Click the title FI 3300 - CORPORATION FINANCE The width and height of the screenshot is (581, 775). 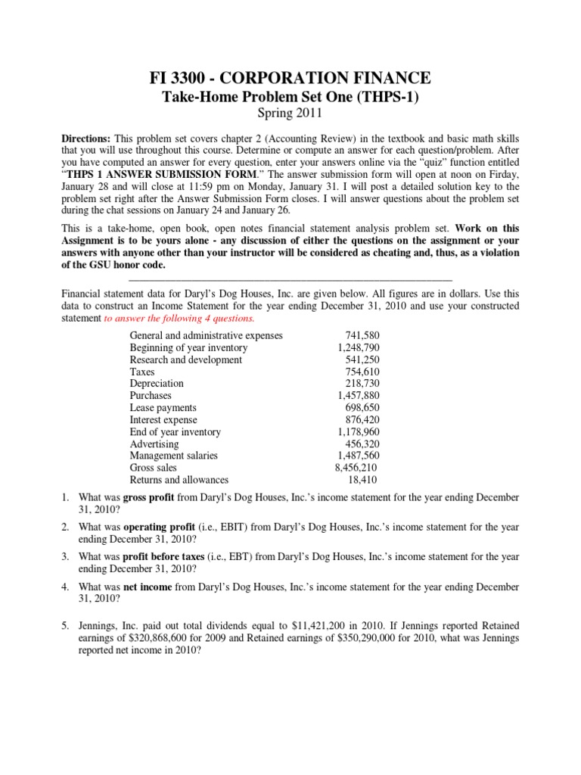(x=291, y=77)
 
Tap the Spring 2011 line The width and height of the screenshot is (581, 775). (x=290, y=114)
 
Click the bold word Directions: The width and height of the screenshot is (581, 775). (x=86, y=141)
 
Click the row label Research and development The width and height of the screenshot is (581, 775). (x=185, y=359)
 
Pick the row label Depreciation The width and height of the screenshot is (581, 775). (x=154, y=384)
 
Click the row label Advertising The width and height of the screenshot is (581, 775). (x=154, y=444)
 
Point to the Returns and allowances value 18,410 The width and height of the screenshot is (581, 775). (x=362, y=480)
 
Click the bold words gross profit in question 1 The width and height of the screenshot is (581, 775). (x=149, y=498)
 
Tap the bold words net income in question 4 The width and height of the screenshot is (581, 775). (x=149, y=587)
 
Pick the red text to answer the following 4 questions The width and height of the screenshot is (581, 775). (x=181, y=319)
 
